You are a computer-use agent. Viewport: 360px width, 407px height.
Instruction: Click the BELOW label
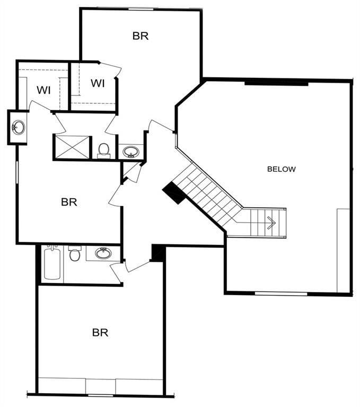coord(281,170)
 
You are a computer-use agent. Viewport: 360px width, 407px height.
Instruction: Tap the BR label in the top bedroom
coord(141,36)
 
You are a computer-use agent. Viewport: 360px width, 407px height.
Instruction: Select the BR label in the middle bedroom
coord(69,202)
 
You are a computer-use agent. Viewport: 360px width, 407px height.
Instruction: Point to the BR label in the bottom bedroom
coord(100,333)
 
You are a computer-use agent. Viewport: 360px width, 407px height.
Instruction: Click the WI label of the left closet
coord(43,90)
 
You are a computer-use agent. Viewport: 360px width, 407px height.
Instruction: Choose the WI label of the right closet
coord(97,83)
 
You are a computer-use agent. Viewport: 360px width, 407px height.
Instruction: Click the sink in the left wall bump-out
coord(19,127)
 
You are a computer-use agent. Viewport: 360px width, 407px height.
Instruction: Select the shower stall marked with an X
coord(72,147)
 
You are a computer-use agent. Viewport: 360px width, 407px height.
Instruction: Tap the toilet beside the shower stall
coord(104,150)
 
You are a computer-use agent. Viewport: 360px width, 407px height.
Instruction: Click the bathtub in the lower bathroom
coord(52,263)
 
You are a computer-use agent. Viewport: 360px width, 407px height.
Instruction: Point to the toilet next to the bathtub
coord(74,254)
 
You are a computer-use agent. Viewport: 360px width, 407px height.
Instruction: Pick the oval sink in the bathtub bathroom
coord(103,253)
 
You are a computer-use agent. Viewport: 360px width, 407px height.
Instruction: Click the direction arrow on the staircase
coord(271,223)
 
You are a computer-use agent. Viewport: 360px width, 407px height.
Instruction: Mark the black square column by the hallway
coord(157,253)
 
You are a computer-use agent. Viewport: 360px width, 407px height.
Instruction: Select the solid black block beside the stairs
coord(174,192)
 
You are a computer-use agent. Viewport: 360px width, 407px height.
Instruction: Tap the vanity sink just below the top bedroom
coord(130,152)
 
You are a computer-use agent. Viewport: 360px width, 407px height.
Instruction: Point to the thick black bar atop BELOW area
coord(276,82)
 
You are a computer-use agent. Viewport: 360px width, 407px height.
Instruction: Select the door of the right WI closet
coord(111,67)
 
